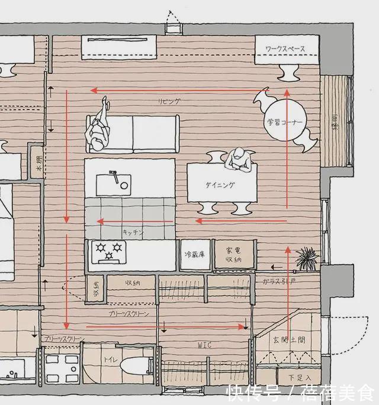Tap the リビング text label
pyautogui.click(x=169, y=101)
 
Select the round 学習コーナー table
pyautogui.click(x=285, y=123)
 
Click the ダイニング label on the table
pyautogui.click(x=220, y=185)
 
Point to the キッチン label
pyautogui.click(x=133, y=232)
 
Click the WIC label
pyautogui.click(x=204, y=345)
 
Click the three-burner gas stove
pyautogui.click(x=108, y=251)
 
